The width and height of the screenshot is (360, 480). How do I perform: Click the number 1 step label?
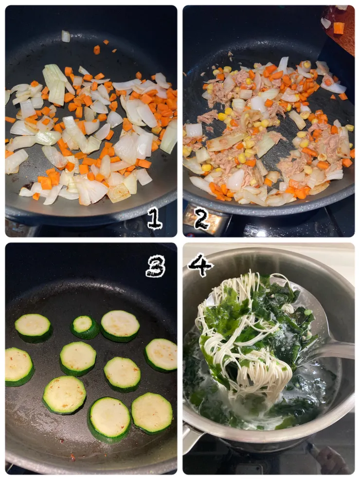point(155,218)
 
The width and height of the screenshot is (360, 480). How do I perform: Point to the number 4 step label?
point(200,265)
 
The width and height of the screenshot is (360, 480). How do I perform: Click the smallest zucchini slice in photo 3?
point(85,327)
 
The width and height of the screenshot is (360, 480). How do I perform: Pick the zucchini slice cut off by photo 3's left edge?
point(18,367)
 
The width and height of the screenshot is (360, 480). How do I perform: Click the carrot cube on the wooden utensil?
point(339,28)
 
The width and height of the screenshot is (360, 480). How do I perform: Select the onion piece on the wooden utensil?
point(326,23)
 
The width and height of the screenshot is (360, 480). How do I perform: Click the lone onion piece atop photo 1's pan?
point(66,36)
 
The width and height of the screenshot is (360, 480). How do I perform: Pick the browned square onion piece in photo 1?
point(119,192)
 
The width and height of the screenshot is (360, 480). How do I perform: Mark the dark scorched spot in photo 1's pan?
point(29,185)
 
